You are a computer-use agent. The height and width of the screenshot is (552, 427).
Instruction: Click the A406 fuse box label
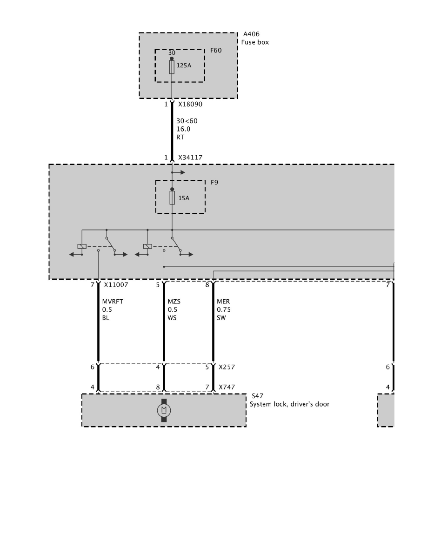click(251, 34)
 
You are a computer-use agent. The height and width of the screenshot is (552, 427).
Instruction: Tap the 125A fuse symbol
click(172, 67)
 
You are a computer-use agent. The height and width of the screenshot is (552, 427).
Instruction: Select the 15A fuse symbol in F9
click(172, 198)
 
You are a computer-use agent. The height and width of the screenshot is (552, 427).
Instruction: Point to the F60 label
click(216, 50)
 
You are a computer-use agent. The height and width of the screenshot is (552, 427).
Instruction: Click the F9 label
click(214, 182)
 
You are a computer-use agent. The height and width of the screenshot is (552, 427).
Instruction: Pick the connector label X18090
click(190, 104)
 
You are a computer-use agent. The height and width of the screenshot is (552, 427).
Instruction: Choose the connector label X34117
click(190, 158)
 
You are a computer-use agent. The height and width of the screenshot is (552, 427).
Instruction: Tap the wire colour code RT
click(180, 137)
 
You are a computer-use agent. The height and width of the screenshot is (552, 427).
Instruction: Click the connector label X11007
click(116, 285)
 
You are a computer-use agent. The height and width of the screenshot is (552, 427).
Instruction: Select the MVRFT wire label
click(113, 302)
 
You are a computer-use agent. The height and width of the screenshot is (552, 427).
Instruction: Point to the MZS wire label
click(174, 302)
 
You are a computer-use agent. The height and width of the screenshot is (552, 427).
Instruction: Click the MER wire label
click(223, 302)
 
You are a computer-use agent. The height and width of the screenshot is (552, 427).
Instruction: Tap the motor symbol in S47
click(164, 410)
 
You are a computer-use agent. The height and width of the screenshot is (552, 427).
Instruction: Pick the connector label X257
click(227, 367)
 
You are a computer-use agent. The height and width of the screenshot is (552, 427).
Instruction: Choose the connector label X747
click(227, 387)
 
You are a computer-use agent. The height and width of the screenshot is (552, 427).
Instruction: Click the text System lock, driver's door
click(290, 404)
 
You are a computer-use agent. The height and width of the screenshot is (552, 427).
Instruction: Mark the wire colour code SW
click(221, 318)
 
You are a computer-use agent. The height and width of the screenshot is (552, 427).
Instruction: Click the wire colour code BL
click(106, 318)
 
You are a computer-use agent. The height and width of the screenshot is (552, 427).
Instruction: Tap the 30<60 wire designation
click(187, 121)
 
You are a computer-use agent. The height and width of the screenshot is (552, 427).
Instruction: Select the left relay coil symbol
click(82, 246)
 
